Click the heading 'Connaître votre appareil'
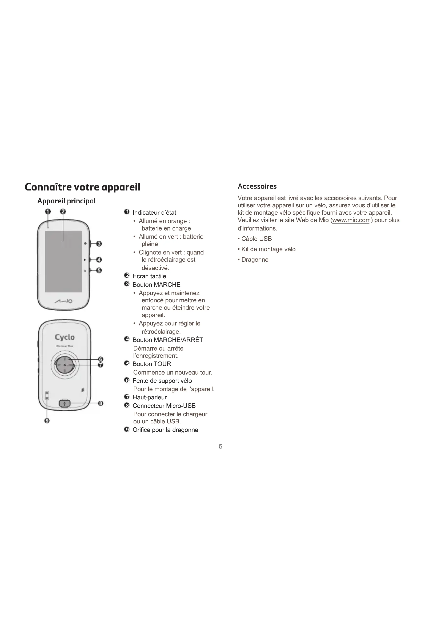tap(83, 187)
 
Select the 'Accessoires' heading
tap(257, 186)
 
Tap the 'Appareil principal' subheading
tap(66, 201)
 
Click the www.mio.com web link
tap(351, 220)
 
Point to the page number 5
tap(221, 446)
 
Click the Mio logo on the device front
tap(63, 301)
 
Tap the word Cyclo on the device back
tap(65, 337)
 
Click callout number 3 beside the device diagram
tap(99, 244)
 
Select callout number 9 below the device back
tap(47, 421)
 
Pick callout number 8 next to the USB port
tap(101, 403)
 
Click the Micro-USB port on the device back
tap(65, 404)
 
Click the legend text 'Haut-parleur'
tap(149, 397)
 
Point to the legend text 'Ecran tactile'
tap(149, 276)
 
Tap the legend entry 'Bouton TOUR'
tap(151, 364)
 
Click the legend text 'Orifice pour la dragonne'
tap(165, 430)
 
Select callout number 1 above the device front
tap(48, 212)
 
